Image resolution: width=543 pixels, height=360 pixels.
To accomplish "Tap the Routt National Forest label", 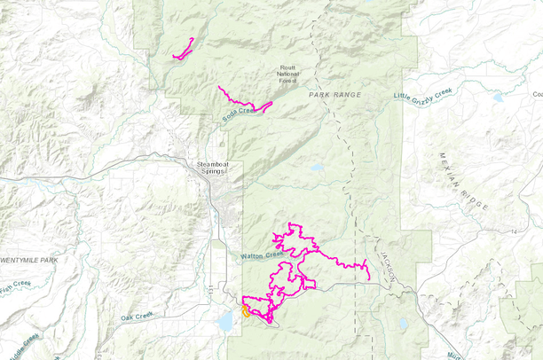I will click(287, 74).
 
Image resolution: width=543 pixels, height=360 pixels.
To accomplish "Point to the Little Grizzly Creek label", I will click(423, 96).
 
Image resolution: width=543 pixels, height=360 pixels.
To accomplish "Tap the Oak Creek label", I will click(138, 316).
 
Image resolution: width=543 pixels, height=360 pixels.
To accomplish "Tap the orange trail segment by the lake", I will click(244, 311).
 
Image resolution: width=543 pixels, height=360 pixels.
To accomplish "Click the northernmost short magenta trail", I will click(184, 49).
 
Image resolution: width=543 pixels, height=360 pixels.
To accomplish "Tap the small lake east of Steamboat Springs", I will click(317, 167).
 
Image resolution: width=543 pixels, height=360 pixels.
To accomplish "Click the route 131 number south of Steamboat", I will click(210, 290).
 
